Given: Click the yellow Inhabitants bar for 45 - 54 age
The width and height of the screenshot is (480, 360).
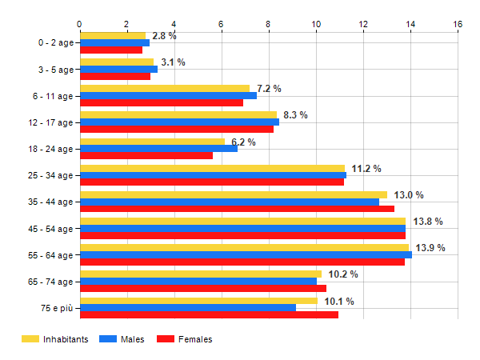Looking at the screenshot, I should (x=242, y=222).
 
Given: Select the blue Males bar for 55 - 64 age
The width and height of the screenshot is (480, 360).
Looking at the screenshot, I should (x=246, y=255).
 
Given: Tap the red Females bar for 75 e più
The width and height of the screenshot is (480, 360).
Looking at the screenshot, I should (x=209, y=314).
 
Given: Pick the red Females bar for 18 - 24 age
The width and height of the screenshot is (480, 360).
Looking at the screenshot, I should (x=146, y=155).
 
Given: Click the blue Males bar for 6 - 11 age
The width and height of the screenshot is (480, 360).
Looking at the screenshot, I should (x=168, y=95).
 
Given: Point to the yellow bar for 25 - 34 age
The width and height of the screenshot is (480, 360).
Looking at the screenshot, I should (x=212, y=168).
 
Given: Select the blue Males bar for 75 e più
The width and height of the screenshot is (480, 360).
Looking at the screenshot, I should (x=187, y=308).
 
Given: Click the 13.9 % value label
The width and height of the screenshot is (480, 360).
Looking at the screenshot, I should (x=430, y=248).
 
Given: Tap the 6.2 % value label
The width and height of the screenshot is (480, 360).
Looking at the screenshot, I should (x=243, y=142).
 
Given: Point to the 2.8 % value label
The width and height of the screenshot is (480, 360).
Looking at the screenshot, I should (x=164, y=36).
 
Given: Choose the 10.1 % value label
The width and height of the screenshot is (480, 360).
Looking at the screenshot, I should (x=339, y=302).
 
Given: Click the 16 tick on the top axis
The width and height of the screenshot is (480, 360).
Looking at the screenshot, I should (x=458, y=24).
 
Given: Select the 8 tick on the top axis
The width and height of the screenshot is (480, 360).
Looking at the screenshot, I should (x=269, y=24).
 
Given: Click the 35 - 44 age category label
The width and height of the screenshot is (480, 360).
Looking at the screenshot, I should (x=50, y=202).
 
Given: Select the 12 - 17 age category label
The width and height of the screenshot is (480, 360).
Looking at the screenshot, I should (x=50, y=122).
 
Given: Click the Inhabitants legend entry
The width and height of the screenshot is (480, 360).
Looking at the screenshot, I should (x=54, y=339).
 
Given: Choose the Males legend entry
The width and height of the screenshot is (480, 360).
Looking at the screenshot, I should (x=122, y=339).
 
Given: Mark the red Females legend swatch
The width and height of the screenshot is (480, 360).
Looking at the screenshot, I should (x=165, y=339).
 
